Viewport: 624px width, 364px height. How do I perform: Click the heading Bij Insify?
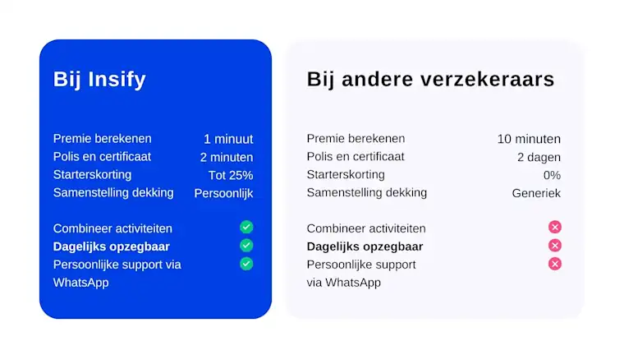99,80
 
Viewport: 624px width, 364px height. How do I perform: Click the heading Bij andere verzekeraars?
430,79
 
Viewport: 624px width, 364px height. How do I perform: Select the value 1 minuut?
228,139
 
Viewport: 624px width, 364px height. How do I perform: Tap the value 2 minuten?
227,157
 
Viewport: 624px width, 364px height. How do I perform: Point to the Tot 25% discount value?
231,175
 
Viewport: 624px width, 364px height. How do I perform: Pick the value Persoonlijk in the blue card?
223,194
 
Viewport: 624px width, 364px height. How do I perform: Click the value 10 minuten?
529,139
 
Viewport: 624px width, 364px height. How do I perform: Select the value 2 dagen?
539,157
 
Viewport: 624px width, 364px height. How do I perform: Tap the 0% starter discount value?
552,175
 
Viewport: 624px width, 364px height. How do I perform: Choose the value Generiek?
536,193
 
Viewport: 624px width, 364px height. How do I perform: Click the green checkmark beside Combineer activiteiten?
246,227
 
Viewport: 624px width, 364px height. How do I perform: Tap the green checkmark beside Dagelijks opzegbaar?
246,246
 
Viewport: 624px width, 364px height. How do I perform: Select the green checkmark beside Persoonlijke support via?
246,264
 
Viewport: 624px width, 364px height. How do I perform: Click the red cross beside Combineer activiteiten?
555,227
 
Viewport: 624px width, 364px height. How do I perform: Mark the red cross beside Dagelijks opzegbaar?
555,246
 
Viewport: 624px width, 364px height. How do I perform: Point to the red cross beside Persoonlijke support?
555,264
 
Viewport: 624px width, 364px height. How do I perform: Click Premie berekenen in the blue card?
103,139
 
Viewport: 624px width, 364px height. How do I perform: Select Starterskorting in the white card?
346,175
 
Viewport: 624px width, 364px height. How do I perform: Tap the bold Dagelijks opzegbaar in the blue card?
112,247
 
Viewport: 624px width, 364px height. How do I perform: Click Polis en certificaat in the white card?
356,156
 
